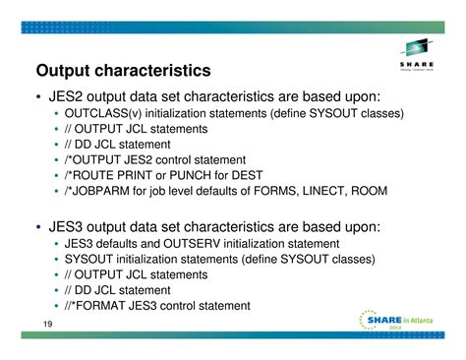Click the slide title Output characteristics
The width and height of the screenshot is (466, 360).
123,71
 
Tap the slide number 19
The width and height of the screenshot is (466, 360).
47,327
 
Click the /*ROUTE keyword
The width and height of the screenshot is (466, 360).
91,175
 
